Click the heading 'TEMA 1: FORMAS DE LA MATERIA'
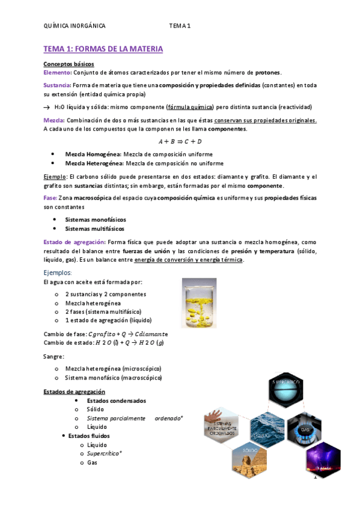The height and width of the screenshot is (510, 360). pyautogui.click(x=103, y=48)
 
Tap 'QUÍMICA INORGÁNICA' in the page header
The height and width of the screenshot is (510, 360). pyautogui.click(x=75, y=26)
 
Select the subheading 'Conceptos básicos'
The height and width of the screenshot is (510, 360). pyautogui.click(x=69, y=64)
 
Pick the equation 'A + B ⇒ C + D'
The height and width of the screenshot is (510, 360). pyautogui.click(x=180, y=141)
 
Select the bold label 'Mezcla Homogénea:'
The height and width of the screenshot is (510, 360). pyautogui.click(x=93, y=154)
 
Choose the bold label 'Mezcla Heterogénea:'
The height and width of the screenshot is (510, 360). pyautogui.click(x=94, y=163)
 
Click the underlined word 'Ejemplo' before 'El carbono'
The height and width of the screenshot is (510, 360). pyautogui.click(x=55, y=176)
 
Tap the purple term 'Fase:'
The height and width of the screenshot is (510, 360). pyautogui.click(x=50, y=198)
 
